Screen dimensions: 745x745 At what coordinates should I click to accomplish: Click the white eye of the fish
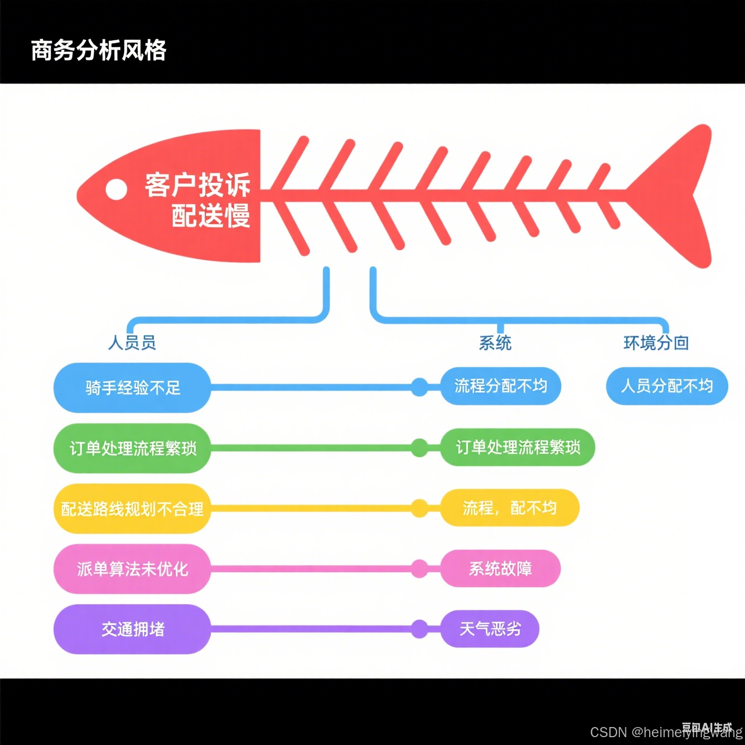(116, 190)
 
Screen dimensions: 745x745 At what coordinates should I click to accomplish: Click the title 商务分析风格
(99, 50)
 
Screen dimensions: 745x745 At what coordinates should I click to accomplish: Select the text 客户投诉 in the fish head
(197, 185)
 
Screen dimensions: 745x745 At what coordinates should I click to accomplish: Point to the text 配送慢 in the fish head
(210, 216)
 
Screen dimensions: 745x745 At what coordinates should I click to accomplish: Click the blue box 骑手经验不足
(132, 388)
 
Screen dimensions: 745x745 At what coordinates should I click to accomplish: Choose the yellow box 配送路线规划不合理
(132, 509)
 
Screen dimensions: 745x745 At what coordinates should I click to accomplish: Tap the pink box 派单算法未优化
(132, 569)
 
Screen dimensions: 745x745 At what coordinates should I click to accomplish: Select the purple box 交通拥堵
(132, 629)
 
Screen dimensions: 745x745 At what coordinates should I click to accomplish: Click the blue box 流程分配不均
(500, 386)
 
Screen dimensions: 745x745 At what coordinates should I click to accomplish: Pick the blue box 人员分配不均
(666, 386)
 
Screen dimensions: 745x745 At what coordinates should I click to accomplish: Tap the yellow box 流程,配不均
(509, 508)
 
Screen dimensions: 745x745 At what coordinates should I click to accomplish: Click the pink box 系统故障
(500, 569)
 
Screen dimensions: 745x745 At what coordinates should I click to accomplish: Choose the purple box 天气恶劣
(490, 629)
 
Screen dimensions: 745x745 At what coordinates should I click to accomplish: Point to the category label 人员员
(132, 342)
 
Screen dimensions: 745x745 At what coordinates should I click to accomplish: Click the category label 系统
(495, 343)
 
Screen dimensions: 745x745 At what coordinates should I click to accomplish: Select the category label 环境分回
(656, 343)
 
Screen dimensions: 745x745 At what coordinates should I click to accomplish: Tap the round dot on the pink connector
(419, 569)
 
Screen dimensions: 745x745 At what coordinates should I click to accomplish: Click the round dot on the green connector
(419, 448)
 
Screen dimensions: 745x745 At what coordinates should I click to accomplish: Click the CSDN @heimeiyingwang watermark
(666, 732)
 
